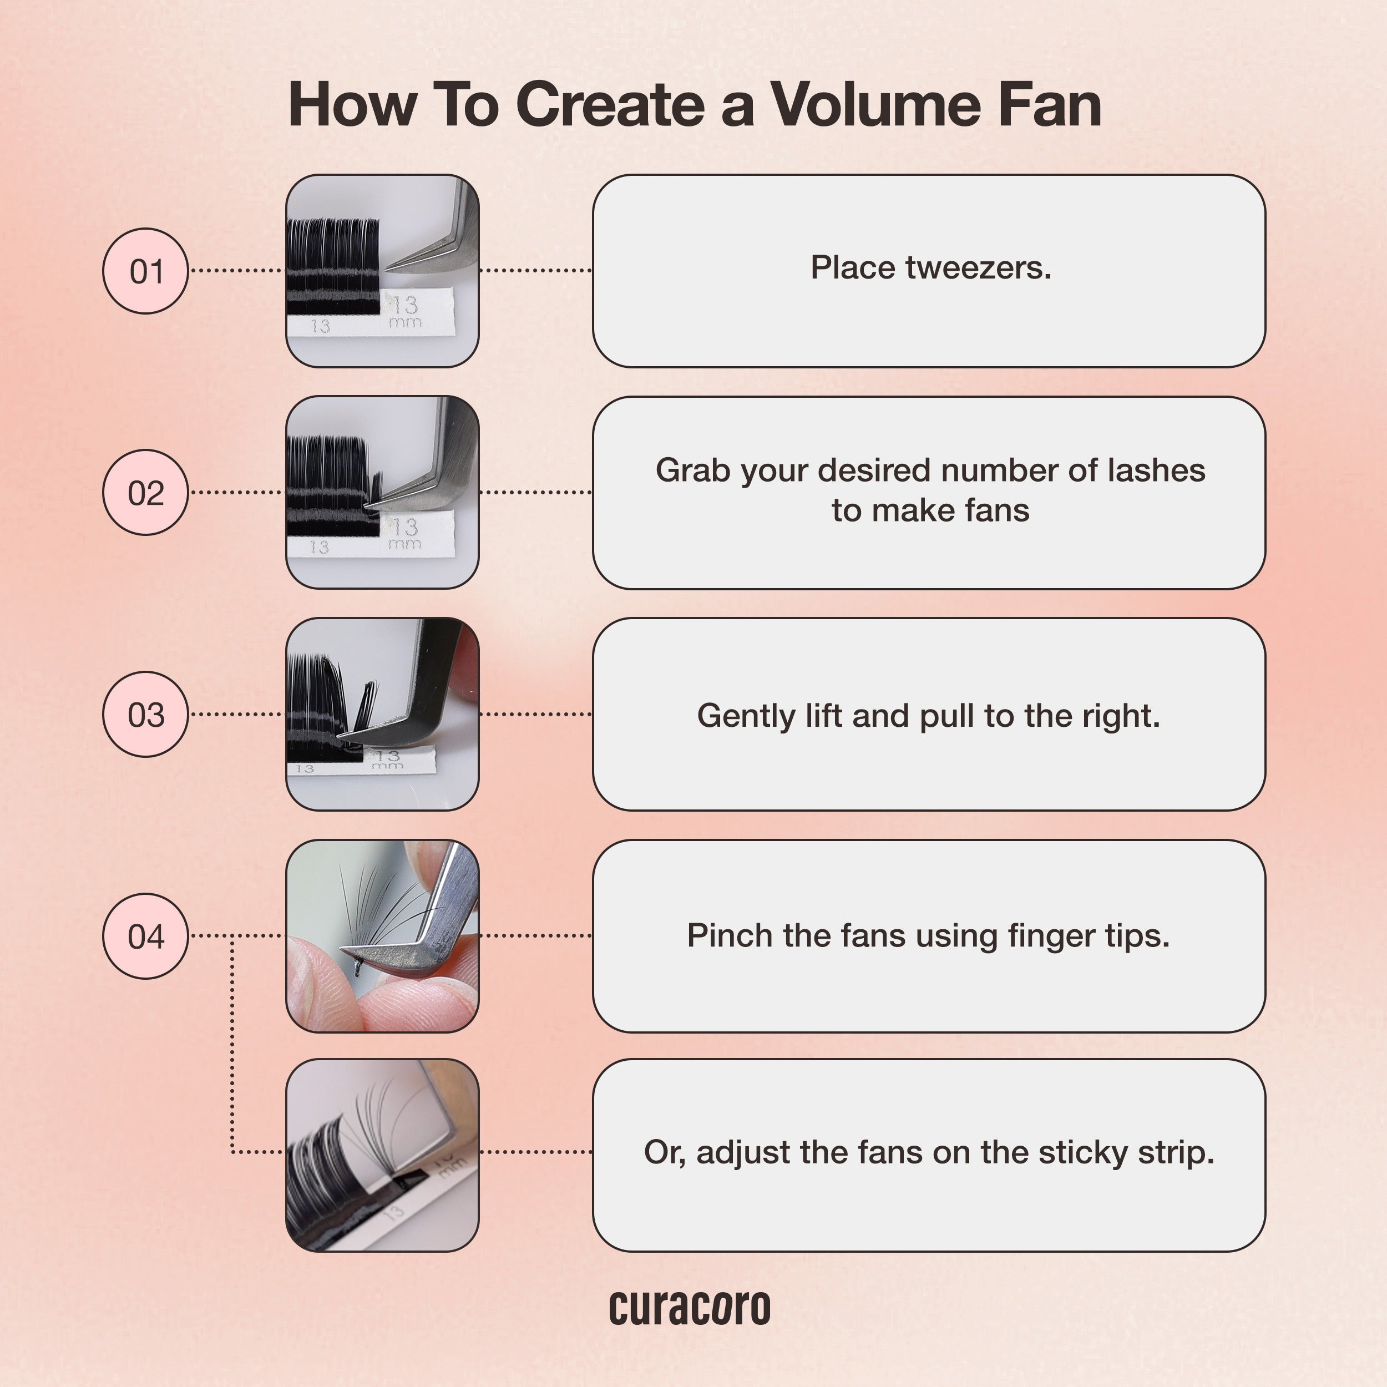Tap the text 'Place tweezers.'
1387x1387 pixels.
coord(930,268)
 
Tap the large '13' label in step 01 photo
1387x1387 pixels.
coord(404,305)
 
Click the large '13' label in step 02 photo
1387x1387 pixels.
coord(404,527)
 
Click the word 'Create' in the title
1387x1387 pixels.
coord(610,105)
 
